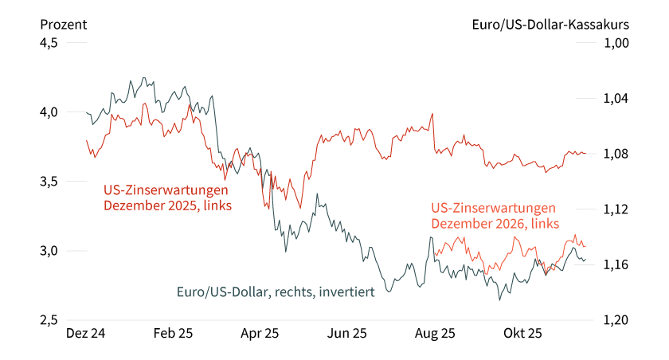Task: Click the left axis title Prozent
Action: [x=63, y=24]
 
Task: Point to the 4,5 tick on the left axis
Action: [x=49, y=43]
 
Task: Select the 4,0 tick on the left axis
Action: [x=49, y=112]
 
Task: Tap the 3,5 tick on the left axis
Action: [x=49, y=182]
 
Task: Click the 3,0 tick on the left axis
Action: [x=49, y=251]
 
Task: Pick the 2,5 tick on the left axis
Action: [x=49, y=320]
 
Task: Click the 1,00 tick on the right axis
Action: [x=618, y=43]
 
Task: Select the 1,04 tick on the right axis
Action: [x=618, y=99]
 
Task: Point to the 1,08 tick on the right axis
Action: [x=618, y=154]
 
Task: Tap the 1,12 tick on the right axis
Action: [x=618, y=209]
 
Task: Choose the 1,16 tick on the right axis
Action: [x=618, y=264]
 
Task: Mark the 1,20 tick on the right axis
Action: [x=618, y=320]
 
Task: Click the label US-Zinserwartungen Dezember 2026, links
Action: [x=493, y=216]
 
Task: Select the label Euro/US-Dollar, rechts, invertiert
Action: [x=276, y=292]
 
